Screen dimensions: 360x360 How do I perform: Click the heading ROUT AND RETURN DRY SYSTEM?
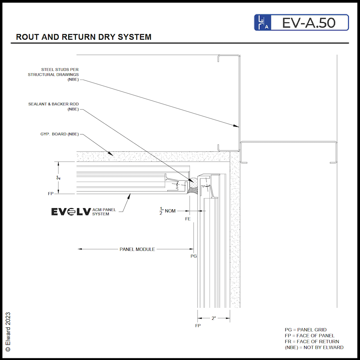(x=84, y=37)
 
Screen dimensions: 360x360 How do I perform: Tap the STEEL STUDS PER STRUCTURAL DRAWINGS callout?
(x=53, y=74)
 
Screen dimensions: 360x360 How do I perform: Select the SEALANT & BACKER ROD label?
(x=54, y=106)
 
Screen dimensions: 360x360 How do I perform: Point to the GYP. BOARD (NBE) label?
(x=60, y=134)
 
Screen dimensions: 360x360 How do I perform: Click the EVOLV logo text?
(x=71, y=212)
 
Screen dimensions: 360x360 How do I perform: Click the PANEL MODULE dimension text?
(x=137, y=249)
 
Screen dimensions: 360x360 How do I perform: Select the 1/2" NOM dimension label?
(x=168, y=211)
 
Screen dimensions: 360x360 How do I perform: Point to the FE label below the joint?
(x=188, y=218)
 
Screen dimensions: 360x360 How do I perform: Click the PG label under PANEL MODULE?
(x=193, y=256)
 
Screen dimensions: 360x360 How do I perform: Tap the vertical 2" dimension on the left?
(x=58, y=178)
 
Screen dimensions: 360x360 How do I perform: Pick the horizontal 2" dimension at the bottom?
(x=214, y=318)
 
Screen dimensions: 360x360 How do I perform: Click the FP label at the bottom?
(x=198, y=326)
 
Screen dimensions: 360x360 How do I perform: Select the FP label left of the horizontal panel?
(x=51, y=194)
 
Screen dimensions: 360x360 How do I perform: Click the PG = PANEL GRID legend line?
(x=306, y=330)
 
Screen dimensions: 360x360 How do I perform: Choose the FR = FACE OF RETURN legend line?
(x=312, y=342)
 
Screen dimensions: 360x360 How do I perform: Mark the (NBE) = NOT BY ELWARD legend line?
(x=314, y=347)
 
